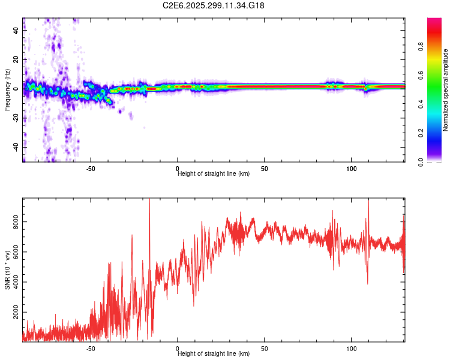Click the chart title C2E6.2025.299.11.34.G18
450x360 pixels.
[214, 5]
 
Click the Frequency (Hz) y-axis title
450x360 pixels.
[7, 90]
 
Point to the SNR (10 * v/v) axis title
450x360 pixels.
[7, 270]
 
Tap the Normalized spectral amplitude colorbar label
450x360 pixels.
[445, 90]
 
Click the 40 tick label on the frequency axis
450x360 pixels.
[16, 31]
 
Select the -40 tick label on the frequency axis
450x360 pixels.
[16, 147]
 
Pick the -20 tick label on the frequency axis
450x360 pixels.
[16, 118]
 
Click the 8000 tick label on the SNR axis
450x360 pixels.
[16, 222]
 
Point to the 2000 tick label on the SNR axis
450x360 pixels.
[16, 313]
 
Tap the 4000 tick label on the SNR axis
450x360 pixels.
[16, 283]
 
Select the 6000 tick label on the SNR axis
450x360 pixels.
[16, 253]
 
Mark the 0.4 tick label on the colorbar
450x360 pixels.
[437, 104]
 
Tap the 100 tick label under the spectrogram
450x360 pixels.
[351, 169]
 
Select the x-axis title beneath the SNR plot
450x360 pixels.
[214, 354]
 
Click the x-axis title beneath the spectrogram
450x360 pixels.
[214, 174]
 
